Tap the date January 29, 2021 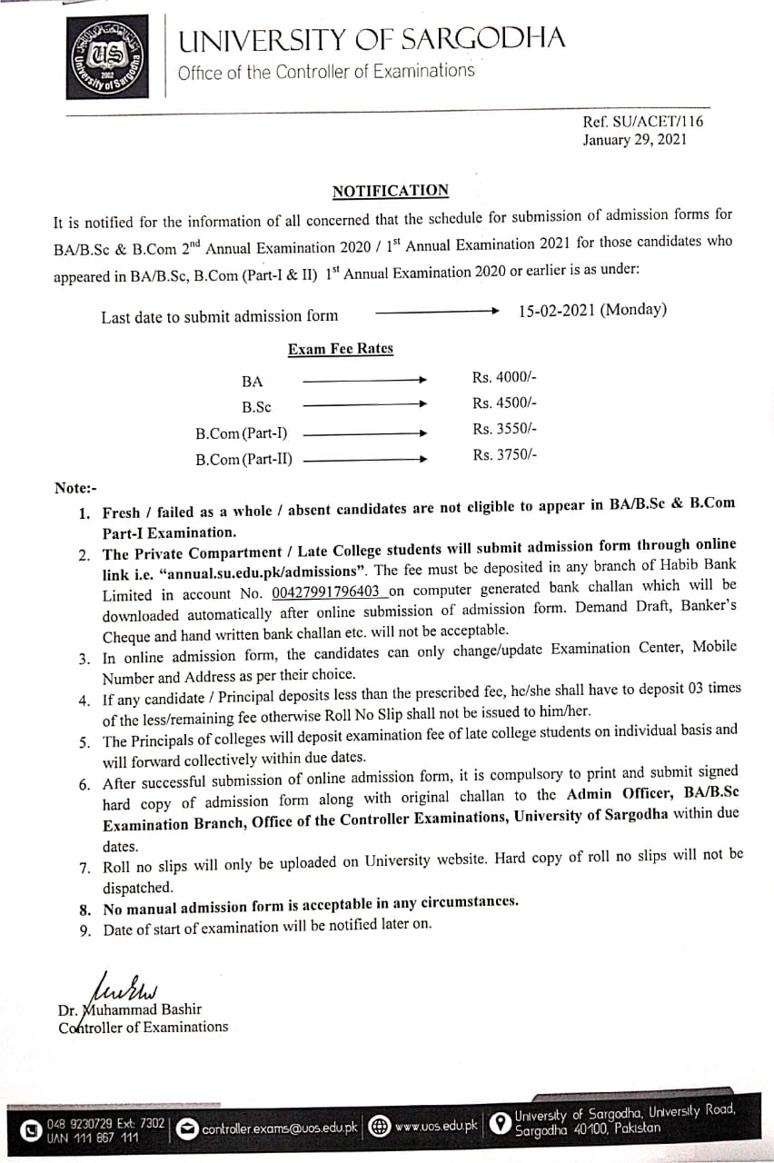[x=635, y=140]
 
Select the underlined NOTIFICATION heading [x=391, y=191]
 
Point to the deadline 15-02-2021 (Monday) [x=592, y=310]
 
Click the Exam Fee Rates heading [x=341, y=349]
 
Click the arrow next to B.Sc [x=364, y=404]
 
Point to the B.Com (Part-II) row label [x=244, y=460]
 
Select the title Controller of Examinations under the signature [x=144, y=1027]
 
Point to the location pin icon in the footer [x=499, y=1125]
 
